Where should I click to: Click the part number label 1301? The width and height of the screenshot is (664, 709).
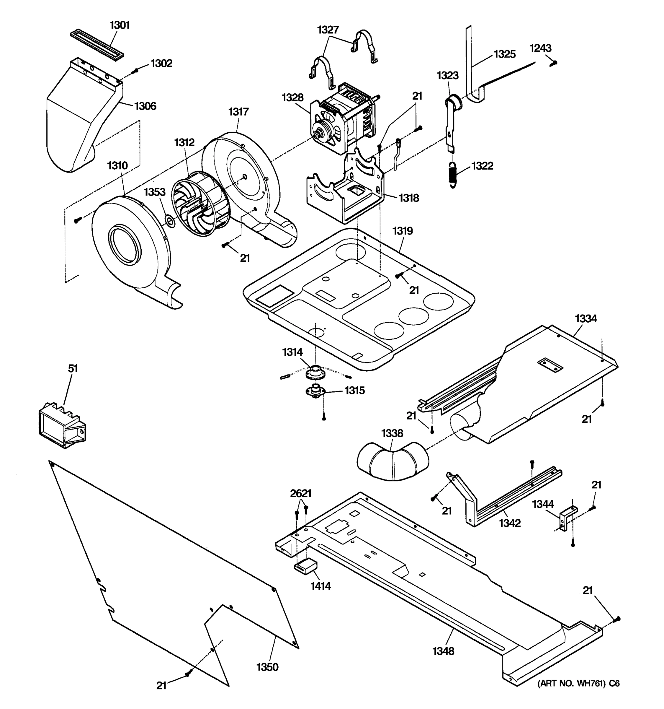[x=120, y=25]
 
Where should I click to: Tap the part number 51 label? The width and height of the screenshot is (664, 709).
[x=73, y=368]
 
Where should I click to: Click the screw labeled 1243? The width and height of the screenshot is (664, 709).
[x=553, y=63]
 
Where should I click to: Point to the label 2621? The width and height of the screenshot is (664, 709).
[x=301, y=494]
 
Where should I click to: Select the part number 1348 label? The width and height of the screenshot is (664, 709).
[x=444, y=651]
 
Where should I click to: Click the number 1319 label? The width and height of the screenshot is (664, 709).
[x=403, y=231]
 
